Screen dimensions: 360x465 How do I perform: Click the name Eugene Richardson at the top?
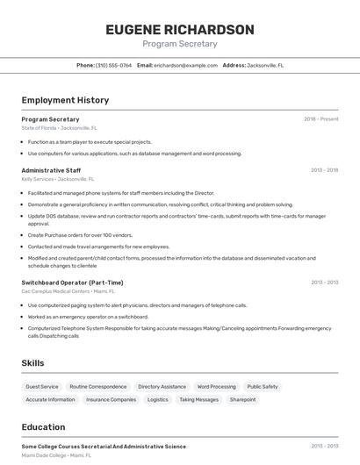180,30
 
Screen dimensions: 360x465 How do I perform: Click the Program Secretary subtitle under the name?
180,44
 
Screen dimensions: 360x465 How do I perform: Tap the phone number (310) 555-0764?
113,65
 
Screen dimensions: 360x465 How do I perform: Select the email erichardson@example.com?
185,65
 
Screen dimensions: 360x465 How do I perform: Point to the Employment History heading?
65,100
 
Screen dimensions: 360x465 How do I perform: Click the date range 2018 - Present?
320,119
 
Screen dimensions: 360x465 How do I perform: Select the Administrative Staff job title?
51,170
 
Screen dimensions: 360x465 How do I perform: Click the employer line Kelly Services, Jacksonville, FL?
59,178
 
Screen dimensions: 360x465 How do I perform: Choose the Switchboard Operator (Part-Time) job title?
72,283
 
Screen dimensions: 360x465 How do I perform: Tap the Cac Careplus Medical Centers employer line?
68,290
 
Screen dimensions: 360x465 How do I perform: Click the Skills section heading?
32,363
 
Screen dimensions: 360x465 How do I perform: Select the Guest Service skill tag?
42,386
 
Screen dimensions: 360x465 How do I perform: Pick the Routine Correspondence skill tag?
98,386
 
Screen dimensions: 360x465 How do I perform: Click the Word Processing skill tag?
216,386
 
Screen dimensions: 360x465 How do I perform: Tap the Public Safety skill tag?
263,386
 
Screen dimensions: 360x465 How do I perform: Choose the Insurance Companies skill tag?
111,399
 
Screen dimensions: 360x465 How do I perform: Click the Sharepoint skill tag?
242,399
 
